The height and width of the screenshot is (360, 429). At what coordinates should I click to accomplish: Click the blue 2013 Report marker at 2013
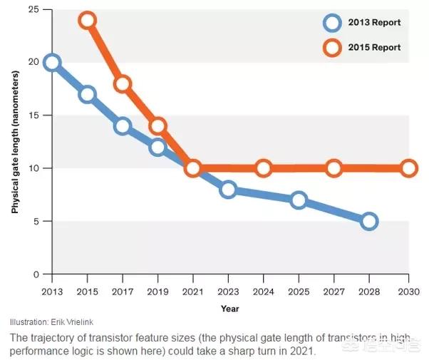(51, 62)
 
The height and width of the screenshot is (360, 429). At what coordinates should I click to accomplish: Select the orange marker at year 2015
(87, 20)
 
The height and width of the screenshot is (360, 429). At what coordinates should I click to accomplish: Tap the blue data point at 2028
(368, 221)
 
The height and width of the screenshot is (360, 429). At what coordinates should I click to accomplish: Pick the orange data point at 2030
(409, 168)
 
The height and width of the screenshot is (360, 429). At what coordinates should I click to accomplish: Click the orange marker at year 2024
(263, 168)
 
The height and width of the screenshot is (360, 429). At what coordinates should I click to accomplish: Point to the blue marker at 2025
(299, 200)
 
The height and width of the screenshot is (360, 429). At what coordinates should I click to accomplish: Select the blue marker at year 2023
(228, 189)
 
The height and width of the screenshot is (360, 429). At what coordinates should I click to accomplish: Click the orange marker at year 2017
(122, 83)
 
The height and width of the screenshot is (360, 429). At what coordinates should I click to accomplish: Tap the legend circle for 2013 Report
(331, 22)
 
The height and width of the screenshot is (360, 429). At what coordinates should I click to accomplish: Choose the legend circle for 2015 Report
(331, 48)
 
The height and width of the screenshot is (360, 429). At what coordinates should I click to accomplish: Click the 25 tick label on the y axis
(33, 9)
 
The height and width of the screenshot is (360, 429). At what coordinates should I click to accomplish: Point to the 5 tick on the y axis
(36, 221)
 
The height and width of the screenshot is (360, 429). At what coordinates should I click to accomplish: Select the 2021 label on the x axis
(192, 292)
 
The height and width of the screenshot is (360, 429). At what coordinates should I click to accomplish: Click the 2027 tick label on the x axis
(334, 292)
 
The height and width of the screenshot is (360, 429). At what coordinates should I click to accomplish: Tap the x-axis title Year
(229, 309)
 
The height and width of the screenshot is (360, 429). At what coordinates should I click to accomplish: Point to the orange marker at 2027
(334, 168)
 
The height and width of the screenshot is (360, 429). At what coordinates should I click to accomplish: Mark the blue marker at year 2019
(157, 147)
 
